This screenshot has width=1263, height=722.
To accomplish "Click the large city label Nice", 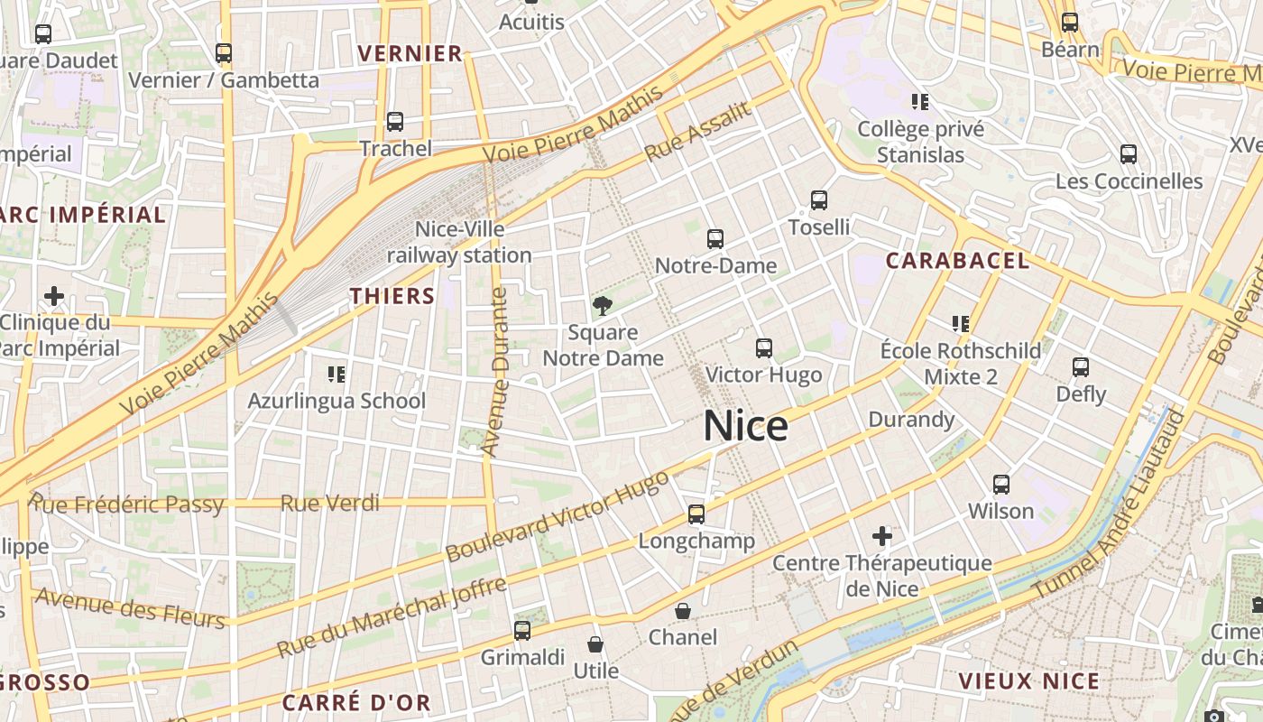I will pos(745,425).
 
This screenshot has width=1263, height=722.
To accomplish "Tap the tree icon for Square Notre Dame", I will pos(602,305).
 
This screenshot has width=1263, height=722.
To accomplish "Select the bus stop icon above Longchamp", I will pos(696,514).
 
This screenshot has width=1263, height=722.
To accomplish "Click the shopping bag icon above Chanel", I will pos(683,611).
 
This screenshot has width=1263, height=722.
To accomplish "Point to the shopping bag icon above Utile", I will pos(595,644).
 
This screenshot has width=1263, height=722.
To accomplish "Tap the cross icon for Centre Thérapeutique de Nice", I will pos(881,537).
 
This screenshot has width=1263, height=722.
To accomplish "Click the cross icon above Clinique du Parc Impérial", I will pos(54,296).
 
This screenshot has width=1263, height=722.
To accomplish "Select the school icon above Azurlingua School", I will pos(336,374).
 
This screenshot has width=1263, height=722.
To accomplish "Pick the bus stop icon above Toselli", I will pos(818,200).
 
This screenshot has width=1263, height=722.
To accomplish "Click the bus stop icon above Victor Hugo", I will pos(763,347).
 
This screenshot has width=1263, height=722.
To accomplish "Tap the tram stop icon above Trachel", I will pos(394,121).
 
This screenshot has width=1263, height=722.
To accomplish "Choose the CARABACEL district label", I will pos(957,261).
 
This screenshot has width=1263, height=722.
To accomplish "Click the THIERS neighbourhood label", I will pos(392,296).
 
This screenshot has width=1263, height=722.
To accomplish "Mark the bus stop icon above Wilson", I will pos(1000,485).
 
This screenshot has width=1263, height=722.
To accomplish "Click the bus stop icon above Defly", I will pos(1080,367).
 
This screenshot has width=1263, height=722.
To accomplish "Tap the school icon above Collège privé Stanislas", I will pos(920,102).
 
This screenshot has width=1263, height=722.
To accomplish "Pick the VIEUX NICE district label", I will pos(1029,681).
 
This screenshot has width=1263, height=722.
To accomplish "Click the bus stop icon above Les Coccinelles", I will pos(1128,154).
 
